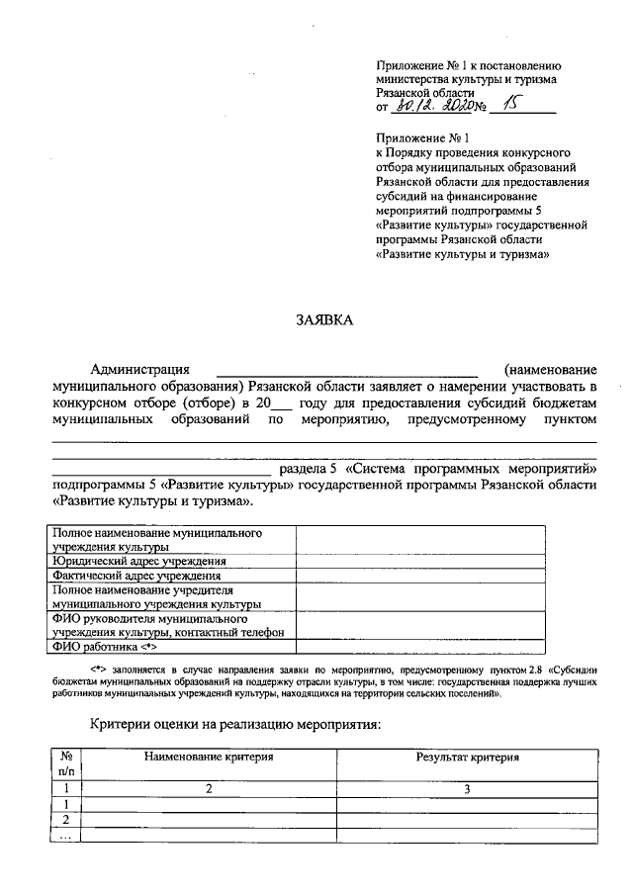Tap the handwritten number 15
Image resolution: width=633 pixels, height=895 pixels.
pos(510,106)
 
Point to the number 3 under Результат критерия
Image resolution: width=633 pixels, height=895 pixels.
pos(466,789)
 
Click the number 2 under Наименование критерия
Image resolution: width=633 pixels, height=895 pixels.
pos(209,789)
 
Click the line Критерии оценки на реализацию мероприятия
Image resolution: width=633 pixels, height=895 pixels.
pos(234,725)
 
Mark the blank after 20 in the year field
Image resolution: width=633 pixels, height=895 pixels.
pos(282,408)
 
